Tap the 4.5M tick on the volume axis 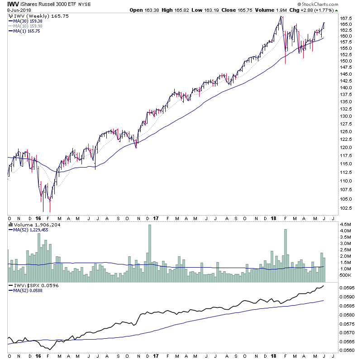click(x=345, y=225)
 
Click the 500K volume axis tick click(x=346, y=275)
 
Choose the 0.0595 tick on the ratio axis click(x=347, y=288)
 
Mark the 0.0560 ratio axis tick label click(x=347, y=350)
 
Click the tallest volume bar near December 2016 click(x=149, y=247)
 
